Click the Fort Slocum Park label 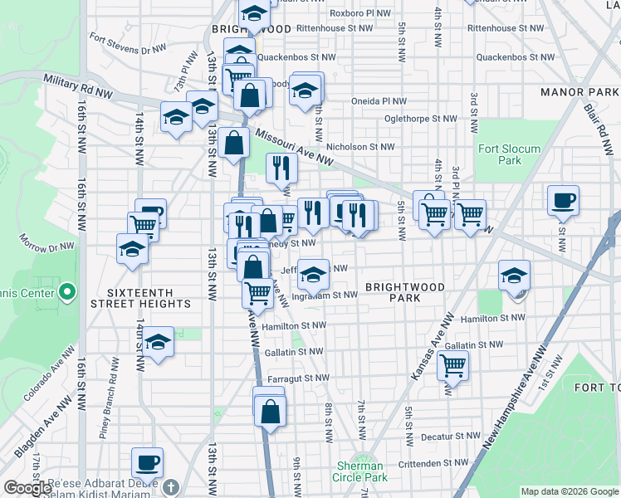(x=509, y=154)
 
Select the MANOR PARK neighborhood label (x=574, y=91)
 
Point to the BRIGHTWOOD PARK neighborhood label (x=405, y=292)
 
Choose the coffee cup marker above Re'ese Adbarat (x=148, y=462)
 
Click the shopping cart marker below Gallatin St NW (x=453, y=364)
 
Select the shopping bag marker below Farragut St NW (x=271, y=411)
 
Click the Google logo (x=27, y=488)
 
